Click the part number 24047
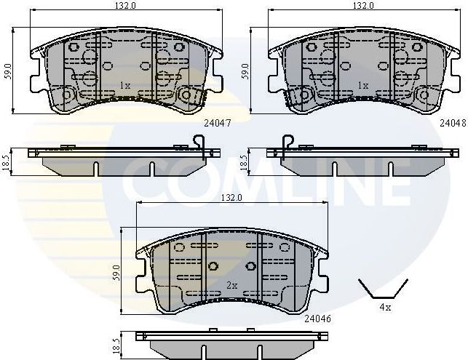(x=218, y=124)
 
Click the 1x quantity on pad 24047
(x=125, y=86)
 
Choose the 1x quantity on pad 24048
(x=362, y=86)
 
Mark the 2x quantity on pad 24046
(x=232, y=284)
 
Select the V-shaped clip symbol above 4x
(x=378, y=289)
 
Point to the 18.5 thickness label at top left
(x=7, y=160)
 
